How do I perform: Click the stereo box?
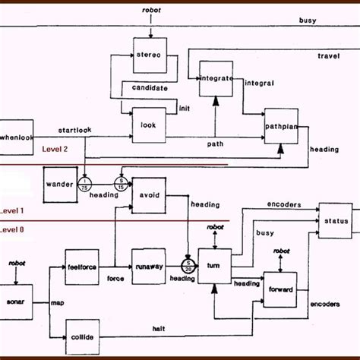[150, 56]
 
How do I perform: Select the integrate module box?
[216, 78]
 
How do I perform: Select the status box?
[335, 220]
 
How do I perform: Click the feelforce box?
[82, 267]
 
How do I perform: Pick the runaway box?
[148, 267]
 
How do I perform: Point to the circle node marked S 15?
[121, 183]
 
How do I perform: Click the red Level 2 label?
[55, 149]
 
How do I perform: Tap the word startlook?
[74, 130]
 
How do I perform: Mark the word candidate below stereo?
[149, 89]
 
